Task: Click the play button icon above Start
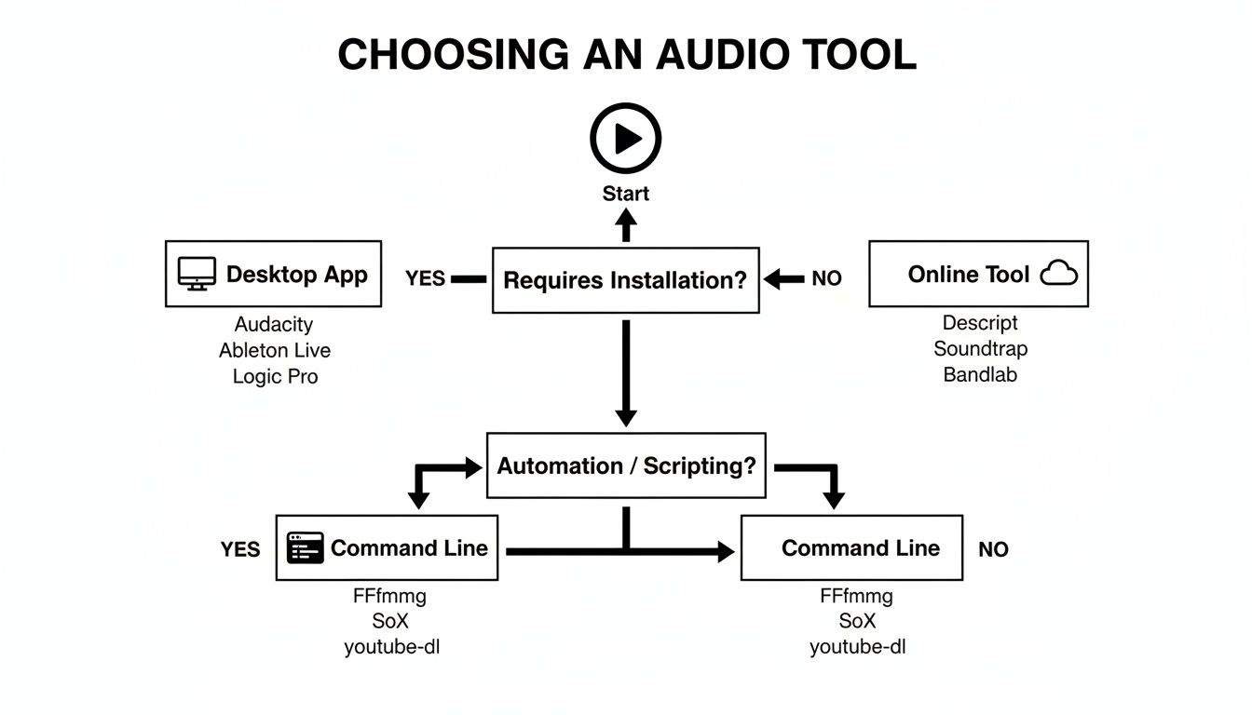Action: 625,139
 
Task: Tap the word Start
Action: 625,194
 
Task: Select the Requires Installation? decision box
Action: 625,279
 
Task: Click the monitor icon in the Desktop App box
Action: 197,275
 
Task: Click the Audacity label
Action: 274,325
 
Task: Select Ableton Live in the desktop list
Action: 274,351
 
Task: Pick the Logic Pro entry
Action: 274,377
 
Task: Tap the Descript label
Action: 980,323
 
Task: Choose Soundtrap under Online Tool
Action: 980,349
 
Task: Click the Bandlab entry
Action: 980,375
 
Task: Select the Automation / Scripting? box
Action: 626,465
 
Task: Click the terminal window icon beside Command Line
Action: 306,548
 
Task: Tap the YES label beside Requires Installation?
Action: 425,278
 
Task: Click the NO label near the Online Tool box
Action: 826,278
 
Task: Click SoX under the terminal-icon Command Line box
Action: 389,621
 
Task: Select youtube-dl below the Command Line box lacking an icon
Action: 857,647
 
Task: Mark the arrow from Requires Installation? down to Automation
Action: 626,372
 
